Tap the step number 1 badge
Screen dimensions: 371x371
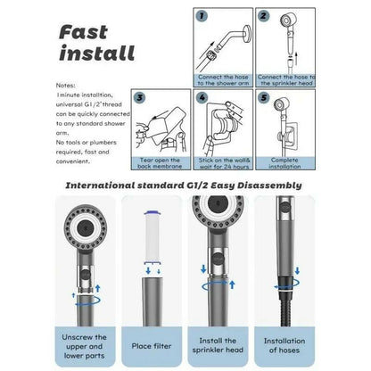click(x=202, y=14)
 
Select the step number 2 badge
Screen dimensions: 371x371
click(x=263, y=15)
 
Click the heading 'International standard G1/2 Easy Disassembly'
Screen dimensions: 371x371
click(x=185, y=185)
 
